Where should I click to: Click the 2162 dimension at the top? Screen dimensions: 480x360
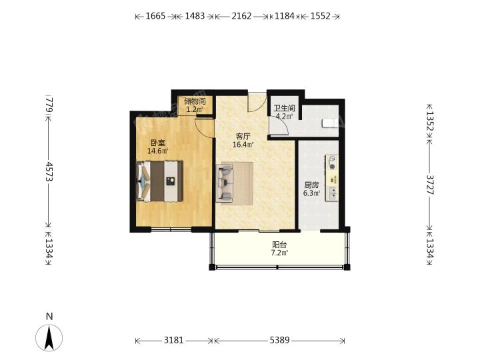coord(241,16)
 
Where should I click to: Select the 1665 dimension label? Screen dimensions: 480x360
coord(155,16)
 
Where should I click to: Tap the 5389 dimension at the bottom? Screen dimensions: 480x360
coord(280,340)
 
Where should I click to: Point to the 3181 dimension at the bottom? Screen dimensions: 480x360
coord(174,340)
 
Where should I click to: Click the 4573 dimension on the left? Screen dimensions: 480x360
coord(49,171)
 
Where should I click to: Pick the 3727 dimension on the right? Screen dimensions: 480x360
coord(430,185)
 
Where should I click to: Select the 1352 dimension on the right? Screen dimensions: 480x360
coord(430,121)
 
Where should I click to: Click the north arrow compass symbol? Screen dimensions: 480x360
coord(49,337)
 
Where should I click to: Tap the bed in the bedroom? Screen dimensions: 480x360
coord(159,181)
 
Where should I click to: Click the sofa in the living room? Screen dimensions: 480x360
coord(225,183)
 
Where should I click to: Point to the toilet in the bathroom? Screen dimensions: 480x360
coord(330,123)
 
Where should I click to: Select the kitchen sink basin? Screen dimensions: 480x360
coord(332,193)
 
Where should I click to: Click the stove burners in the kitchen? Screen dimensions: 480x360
coord(332,162)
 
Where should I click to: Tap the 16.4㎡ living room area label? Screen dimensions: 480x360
coord(243,145)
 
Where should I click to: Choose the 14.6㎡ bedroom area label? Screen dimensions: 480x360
coord(158,151)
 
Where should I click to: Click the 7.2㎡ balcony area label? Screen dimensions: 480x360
coord(279,253)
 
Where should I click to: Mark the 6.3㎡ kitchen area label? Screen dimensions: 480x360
coord(311,193)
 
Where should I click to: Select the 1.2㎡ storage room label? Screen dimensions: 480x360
coord(195,109)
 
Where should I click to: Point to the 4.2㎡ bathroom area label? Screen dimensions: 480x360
coord(285,116)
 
